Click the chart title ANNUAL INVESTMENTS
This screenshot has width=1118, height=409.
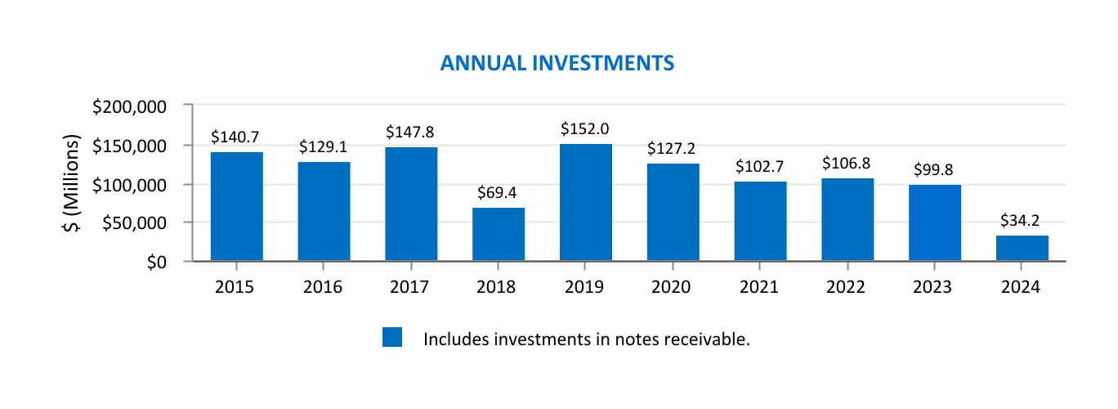coord(557,63)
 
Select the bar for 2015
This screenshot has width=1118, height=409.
coord(236,206)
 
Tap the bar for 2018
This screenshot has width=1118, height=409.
coord(499,235)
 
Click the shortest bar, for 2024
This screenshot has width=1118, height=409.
coord(1022,249)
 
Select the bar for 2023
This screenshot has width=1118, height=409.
coord(935,222)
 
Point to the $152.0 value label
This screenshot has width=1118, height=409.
coord(585,129)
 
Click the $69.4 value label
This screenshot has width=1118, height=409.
coord(499,193)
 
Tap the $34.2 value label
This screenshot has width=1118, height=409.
coord(1022,221)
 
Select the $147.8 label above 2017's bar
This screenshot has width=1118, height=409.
coord(411,132)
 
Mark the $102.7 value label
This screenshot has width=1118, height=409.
coord(760,167)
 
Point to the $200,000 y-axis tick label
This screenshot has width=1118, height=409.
coord(135,106)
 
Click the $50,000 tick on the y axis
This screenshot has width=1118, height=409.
coord(139,223)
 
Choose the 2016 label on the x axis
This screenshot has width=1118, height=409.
coord(324,287)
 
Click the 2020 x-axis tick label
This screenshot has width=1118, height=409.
coord(673,287)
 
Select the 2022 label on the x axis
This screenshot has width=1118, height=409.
coord(847,287)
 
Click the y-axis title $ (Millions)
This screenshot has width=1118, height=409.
coord(74,184)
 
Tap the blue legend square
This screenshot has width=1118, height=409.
coord(392,338)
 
